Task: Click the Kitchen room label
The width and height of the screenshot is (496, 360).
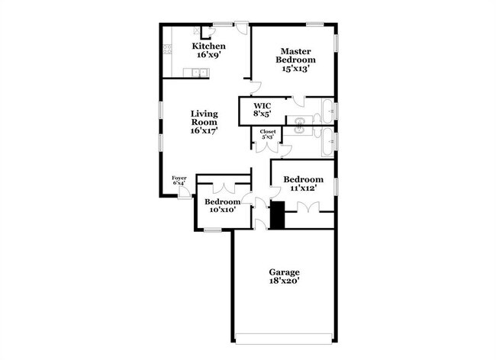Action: pos(208,47)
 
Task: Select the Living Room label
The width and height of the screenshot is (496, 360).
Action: pos(205,117)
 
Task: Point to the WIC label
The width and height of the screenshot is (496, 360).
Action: pos(262,105)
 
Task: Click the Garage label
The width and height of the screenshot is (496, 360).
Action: pos(284,272)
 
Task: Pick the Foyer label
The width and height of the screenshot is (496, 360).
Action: pos(179,178)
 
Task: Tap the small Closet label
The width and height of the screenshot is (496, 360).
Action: pos(268,132)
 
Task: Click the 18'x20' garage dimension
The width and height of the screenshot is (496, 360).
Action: pos(284,281)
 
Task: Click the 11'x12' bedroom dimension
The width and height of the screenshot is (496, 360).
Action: pos(300,188)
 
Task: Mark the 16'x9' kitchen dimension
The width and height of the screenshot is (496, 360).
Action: pos(208,55)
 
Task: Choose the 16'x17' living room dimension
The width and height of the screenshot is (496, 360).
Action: pos(205,130)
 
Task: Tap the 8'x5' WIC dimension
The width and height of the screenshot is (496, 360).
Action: pos(262,114)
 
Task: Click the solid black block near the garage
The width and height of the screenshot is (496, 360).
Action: pos(278,215)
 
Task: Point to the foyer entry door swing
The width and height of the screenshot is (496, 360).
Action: pos(184,193)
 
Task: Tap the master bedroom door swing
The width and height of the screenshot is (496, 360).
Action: pos(256,86)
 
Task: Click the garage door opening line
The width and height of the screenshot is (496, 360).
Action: pos(284,339)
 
